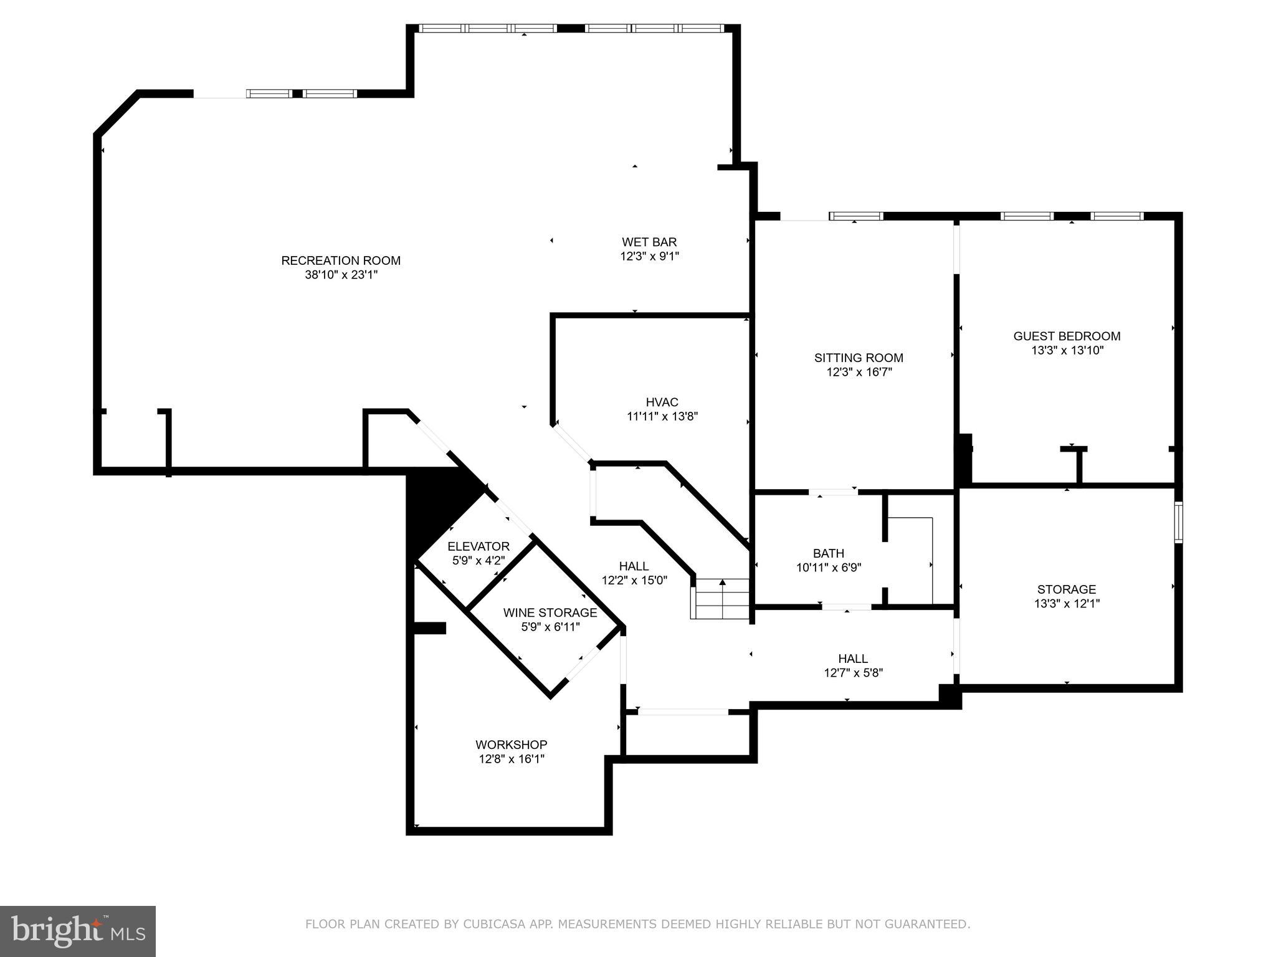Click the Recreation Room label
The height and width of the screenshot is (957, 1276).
341,260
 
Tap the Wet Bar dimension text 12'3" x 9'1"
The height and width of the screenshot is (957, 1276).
649,256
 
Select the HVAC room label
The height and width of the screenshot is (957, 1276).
662,402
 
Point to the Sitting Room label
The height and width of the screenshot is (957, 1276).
859,358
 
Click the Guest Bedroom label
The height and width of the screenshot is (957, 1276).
1067,336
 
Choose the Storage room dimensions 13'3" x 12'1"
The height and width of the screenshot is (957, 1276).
1067,603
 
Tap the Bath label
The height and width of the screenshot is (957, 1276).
828,553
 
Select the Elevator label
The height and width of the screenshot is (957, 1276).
478,546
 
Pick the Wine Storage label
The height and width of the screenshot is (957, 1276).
550,612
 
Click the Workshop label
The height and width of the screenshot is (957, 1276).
511,745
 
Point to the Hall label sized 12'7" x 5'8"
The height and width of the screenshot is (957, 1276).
853,659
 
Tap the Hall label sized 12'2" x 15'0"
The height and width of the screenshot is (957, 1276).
634,566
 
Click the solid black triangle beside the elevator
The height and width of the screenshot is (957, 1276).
436,505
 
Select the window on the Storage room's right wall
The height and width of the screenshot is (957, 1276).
1178,522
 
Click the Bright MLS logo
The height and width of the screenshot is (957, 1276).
77,931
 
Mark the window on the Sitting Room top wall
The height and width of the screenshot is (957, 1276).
856,216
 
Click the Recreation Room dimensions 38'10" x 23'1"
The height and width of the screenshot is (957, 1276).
341,275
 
